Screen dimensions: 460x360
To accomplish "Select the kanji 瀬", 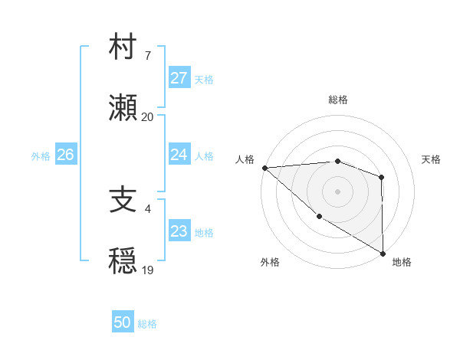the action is click(123, 109).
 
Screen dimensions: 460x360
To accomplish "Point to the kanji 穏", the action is click(123, 261).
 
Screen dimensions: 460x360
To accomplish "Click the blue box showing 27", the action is click(179, 78).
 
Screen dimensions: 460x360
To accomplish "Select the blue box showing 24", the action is click(179, 155).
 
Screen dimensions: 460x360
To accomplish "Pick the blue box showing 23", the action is click(179, 231).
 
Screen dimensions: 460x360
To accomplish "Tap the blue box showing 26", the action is click(65, 155).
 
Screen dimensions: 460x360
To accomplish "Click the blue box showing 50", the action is click(122, 322).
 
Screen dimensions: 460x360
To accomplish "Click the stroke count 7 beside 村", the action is click(147, 56).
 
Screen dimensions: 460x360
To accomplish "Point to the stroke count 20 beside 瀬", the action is click(147, 117).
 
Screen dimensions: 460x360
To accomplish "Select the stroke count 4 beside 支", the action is click(147, 208).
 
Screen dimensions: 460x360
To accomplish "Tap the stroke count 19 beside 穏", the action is click(147, 270).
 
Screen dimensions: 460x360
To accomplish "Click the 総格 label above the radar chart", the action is click(338, 100).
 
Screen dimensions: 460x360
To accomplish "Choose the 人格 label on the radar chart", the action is click(245, 159).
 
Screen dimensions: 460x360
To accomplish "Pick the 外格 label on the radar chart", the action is click(270, 262).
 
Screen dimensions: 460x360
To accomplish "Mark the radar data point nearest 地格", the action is click(382, 252).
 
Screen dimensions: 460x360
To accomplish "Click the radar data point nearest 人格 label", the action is click(264, 168).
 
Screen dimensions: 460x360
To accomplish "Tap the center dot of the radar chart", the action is click(338, 191).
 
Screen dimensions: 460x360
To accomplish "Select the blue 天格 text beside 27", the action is click(203, 79).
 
